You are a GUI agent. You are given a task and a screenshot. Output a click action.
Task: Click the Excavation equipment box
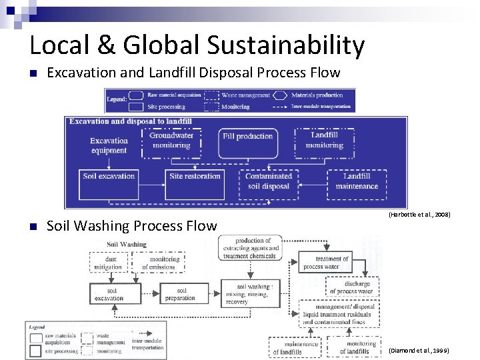pos(109,145)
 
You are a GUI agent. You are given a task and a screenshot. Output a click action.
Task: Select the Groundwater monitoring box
pos(171,141)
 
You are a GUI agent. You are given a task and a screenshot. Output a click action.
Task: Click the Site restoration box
pos(195,181)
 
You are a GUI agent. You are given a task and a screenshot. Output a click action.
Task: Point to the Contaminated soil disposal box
pos(268,181)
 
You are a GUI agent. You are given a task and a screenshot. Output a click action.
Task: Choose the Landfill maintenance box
pos(357,181)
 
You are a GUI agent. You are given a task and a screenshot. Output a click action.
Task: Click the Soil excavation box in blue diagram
pos(109,181)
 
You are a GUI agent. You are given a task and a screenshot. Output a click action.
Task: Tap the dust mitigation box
pos(108,263)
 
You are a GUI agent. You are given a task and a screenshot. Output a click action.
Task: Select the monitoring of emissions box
pos(164,263)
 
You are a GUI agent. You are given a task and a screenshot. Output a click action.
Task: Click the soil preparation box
pos(181,294)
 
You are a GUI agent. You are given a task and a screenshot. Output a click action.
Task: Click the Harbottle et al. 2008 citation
pos(419,215)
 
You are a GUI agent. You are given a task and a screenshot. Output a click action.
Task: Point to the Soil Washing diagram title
pos(126,245)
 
